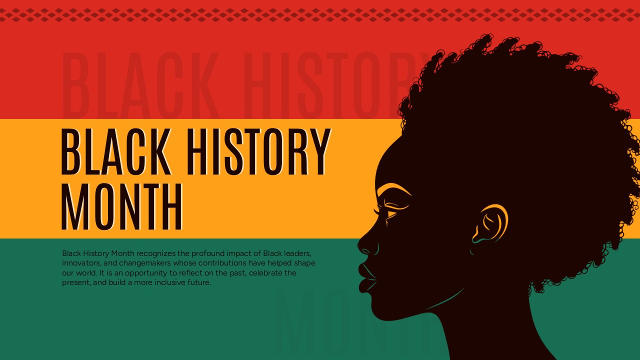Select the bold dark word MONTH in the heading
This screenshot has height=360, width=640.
[x=121, y=207]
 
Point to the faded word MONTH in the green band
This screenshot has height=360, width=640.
[x=350, y=322]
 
